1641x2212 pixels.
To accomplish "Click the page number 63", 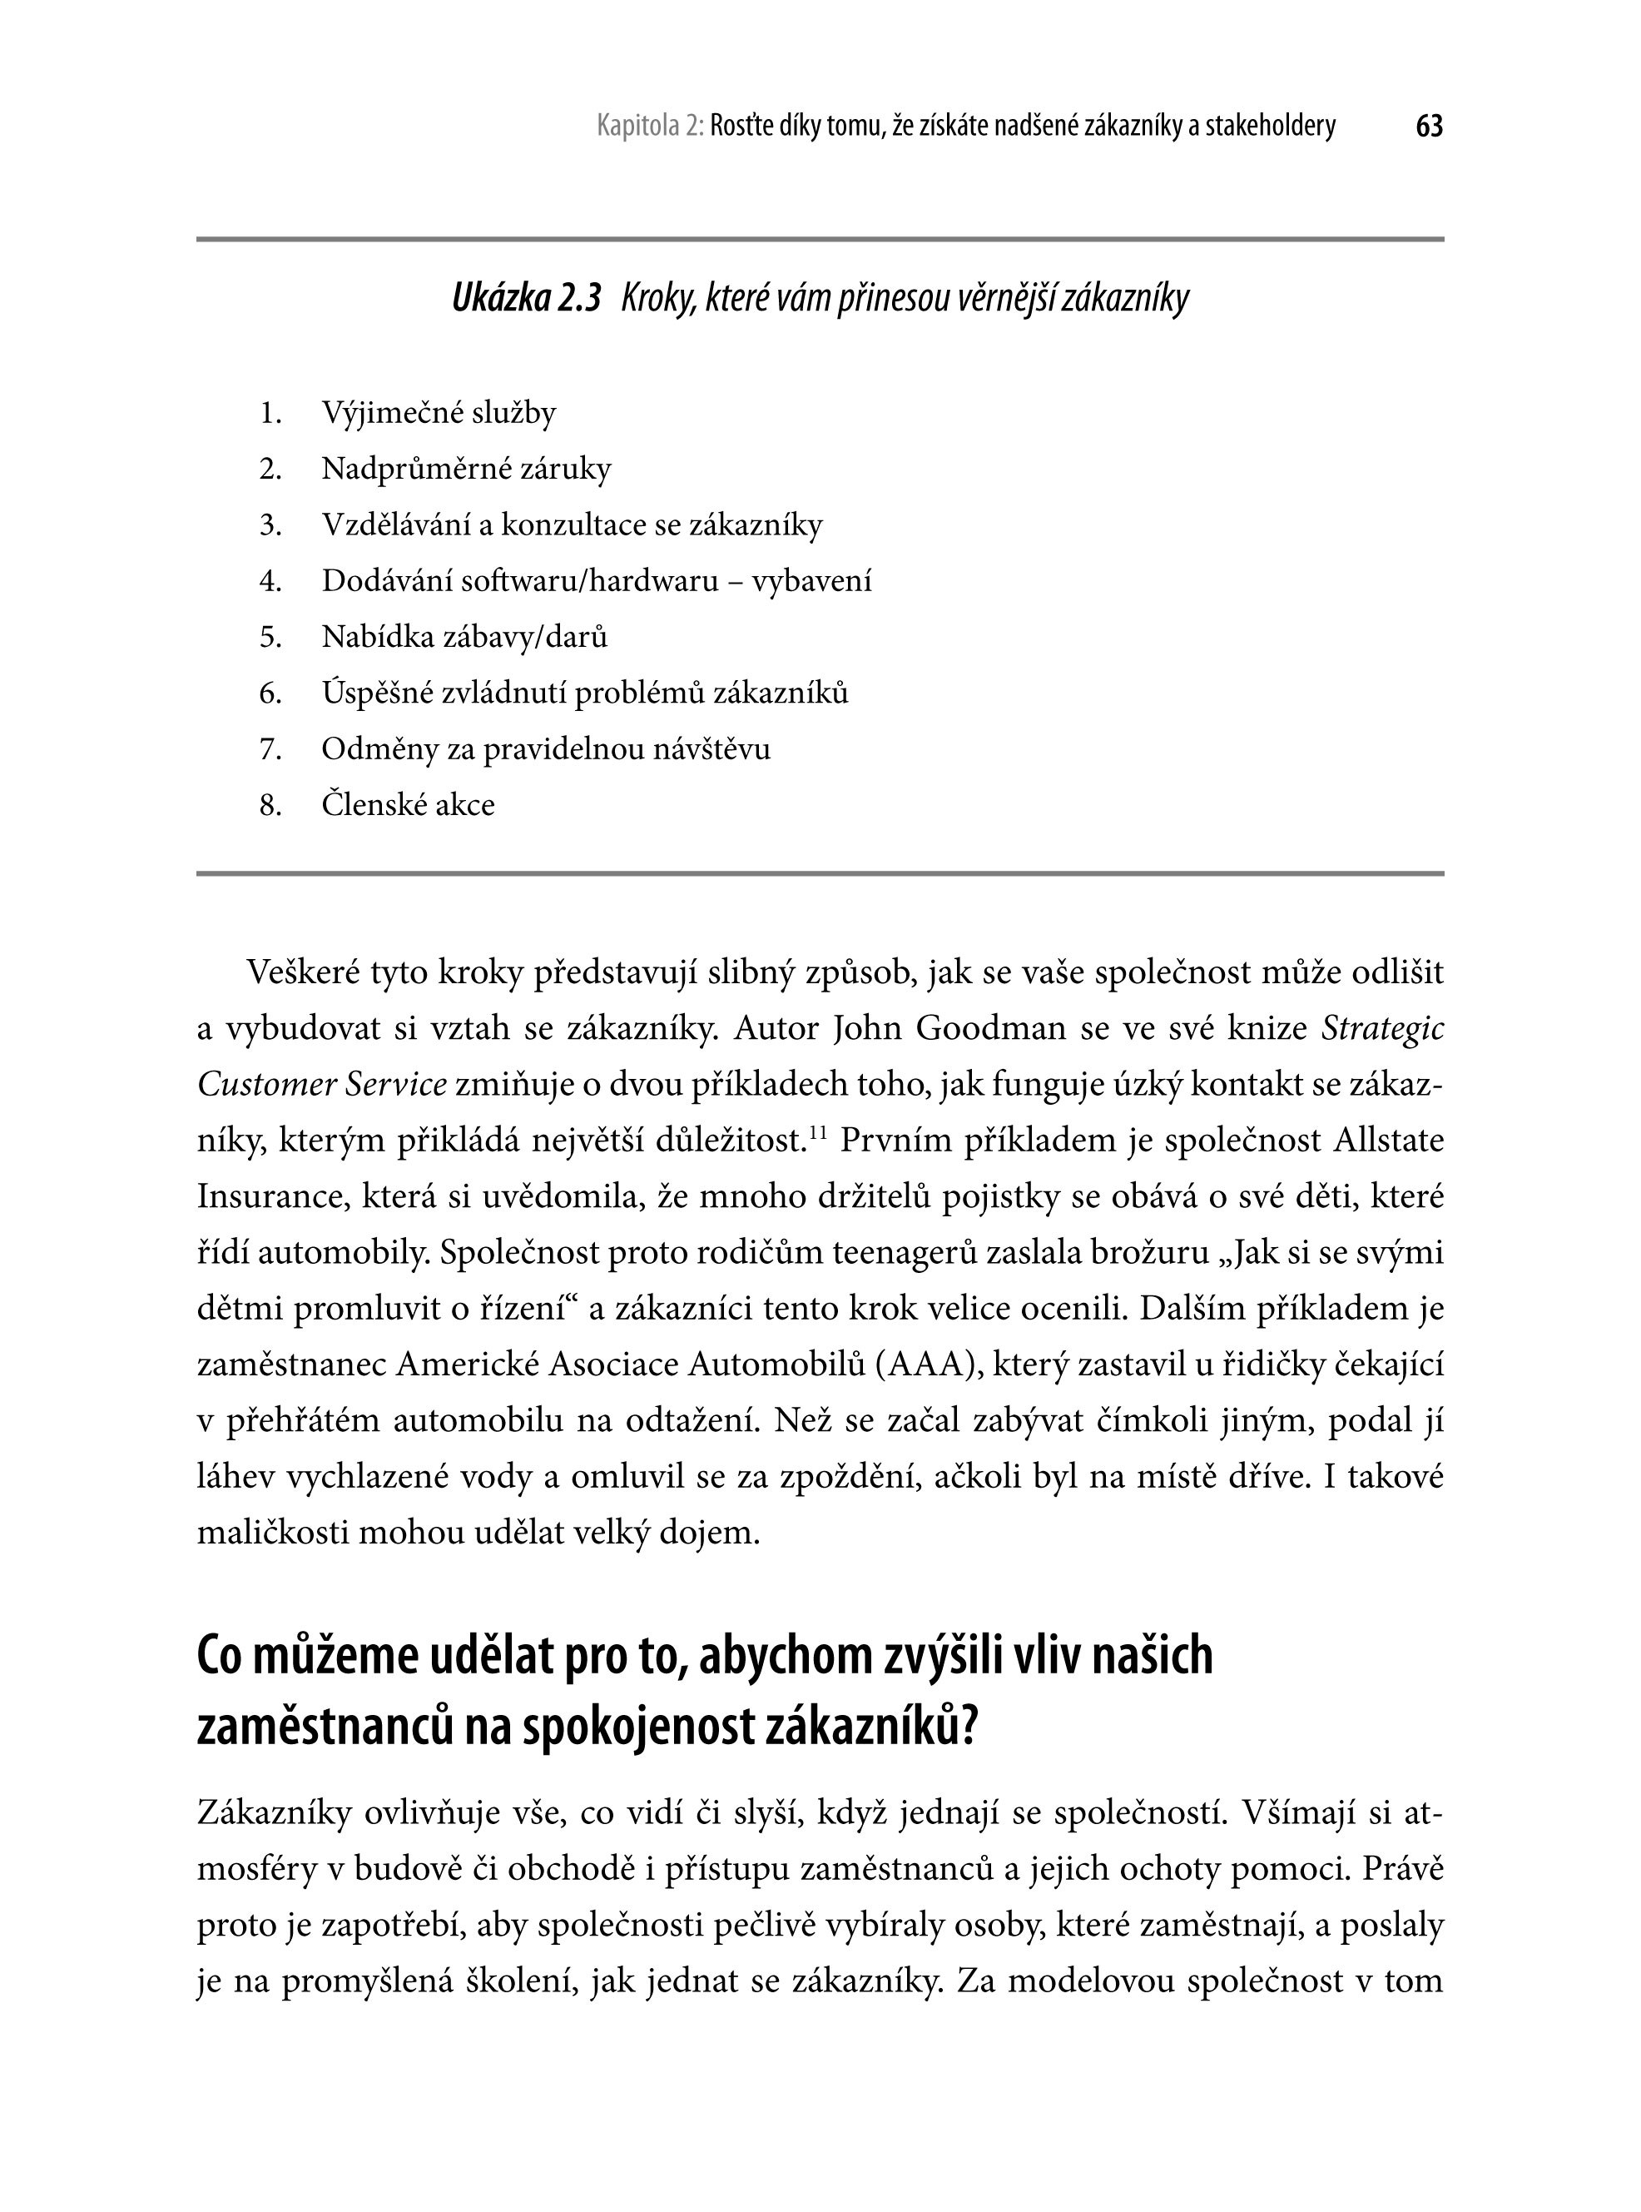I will coord(1429,127).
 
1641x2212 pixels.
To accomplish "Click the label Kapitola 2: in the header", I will coord(651,127).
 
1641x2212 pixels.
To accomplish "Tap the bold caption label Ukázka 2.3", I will coord(527,298).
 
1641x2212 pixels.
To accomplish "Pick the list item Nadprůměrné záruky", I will coord(466,468).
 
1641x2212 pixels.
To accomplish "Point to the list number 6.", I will coord(270,693).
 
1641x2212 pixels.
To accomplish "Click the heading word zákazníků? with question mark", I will coord(873,1727).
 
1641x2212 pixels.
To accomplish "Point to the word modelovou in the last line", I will coord(1088,1981).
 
